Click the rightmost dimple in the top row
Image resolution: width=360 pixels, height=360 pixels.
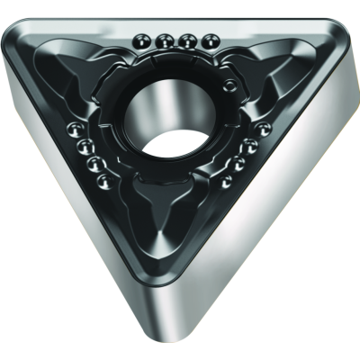(211, 40)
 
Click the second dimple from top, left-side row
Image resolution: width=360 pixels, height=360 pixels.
(85, 146)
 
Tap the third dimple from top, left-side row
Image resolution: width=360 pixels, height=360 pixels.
(93, 164)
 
